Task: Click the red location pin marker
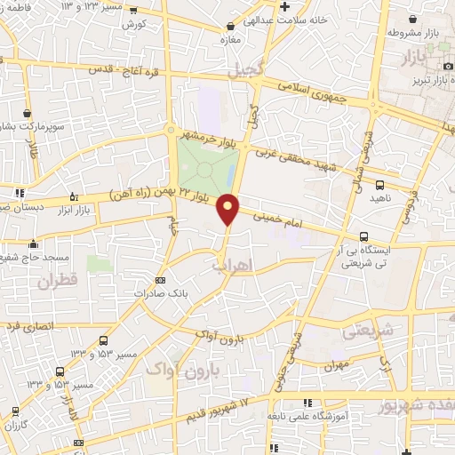pyautogui.click(x=228, y=208)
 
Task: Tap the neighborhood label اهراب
pyautogui.click(x=235, y=266)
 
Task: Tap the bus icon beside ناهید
pyautogui.click(x=380, y=185)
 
